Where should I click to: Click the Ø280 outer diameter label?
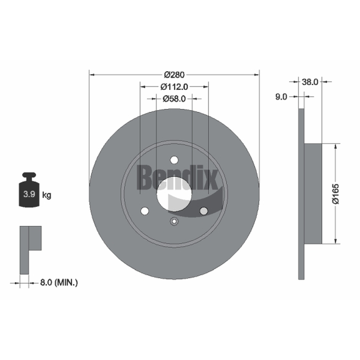pyautogui.click(x=174, y=75)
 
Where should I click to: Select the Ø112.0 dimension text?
pyautogui.click(x=174, y=87)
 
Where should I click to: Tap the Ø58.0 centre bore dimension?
pyautogui.click(x=174, y=99)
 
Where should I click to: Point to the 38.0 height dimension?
pyautogui.click(x=310, y=82)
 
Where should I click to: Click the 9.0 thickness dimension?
pyautogui.click(x=281, y=97)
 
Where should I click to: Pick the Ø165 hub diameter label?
pyautogui.click(x=336, y=193)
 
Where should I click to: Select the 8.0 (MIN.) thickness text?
pyautogui.click(x=59, y=283)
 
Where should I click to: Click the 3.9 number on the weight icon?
pyautogui.click(x=29, y=194)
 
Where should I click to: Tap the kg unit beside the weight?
pyautogui.click(x=47, y=195)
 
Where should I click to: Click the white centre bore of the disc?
pyautogui.click(x=174, y=194)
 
